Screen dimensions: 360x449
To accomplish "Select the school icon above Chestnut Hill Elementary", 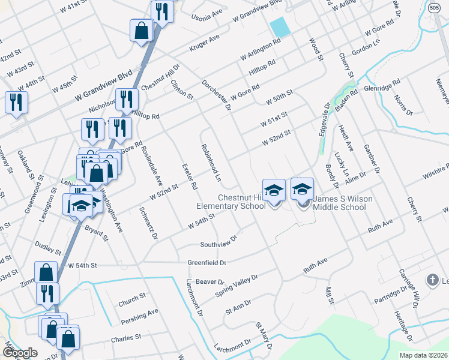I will pyautogui.click(x=274, y=190).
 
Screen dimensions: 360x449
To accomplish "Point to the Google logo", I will pyautogui.click(x=19, y=353).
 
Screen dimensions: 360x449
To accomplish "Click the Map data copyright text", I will pyautogui.click(x=423, y=355).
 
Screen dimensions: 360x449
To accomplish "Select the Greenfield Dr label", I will pyautogui.click(x=206, y=263).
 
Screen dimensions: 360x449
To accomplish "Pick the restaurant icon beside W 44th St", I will pyautogui.click(x=16, y=102).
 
